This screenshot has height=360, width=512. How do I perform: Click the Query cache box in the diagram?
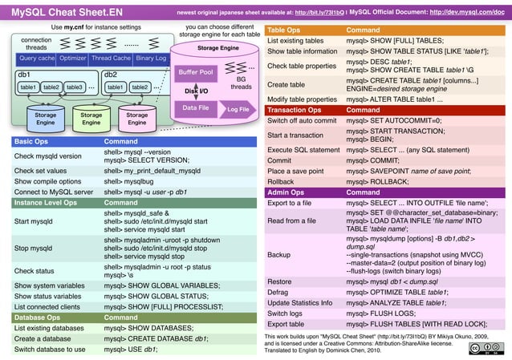37,59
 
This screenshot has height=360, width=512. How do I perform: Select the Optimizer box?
73,59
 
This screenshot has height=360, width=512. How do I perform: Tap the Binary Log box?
151,59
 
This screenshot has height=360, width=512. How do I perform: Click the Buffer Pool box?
196,73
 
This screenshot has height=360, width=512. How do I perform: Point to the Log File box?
238,110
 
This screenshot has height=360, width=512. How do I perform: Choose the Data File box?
197,107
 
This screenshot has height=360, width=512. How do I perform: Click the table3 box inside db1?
75,87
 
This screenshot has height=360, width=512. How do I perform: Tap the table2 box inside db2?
140,87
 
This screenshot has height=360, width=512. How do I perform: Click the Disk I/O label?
197,91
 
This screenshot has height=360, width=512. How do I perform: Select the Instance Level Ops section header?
46,203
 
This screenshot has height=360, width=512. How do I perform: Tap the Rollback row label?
281,181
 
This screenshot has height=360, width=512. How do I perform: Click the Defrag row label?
278,293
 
